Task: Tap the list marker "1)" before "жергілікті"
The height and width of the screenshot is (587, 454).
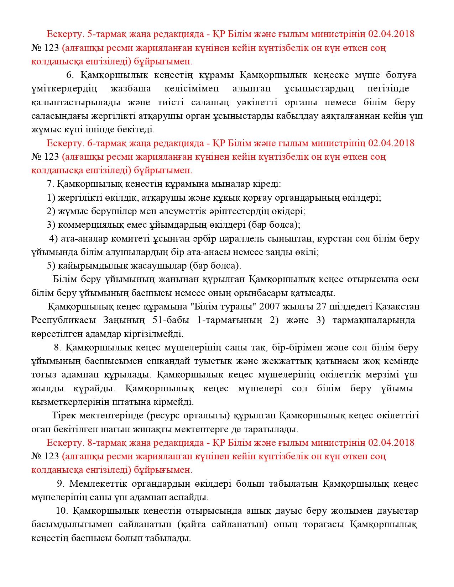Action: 51,198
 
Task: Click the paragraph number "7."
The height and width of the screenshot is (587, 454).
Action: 50,184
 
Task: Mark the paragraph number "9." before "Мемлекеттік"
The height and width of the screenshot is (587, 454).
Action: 61,483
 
